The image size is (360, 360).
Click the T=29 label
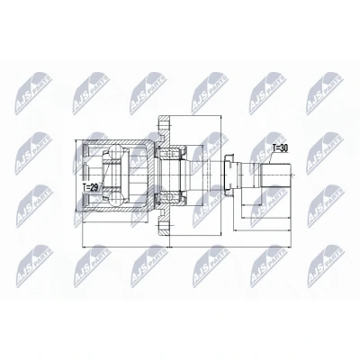[90, 187]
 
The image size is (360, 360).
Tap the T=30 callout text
[280, 148]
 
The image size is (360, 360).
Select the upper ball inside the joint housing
[116, 152]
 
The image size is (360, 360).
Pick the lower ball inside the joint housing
[116, 199]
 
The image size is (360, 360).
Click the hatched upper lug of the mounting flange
[165, 129]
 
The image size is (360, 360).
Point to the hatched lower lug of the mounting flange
[165, 222]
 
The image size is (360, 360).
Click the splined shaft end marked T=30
[275, 175]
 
